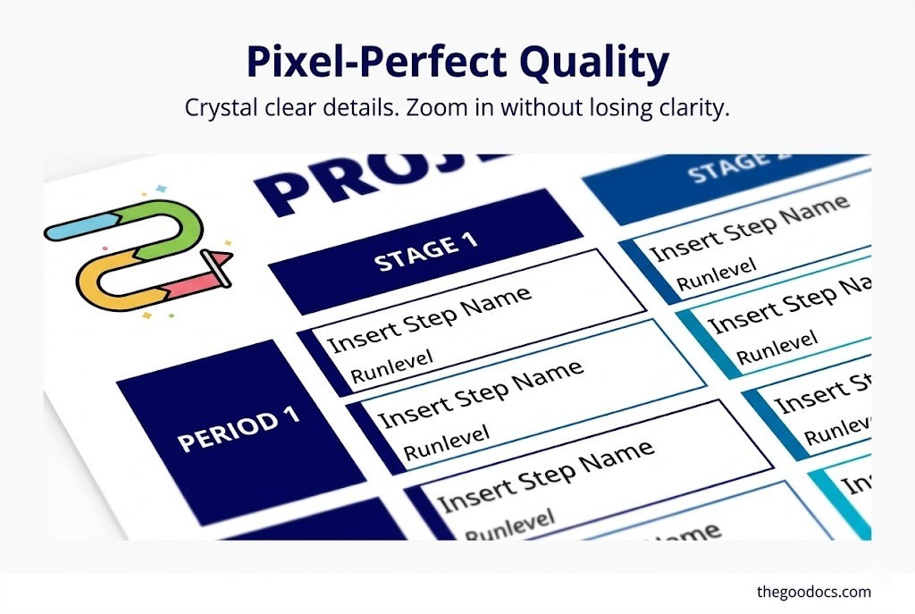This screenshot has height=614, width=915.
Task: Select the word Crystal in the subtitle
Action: pyautogui.click(x=218, y=109)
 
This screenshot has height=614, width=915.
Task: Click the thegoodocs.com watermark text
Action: pyautogui.click(x=813, y=591)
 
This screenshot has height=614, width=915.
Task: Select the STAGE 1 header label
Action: pyautogui.click(x=425, y=251)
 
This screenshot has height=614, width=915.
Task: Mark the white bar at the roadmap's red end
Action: pyautogui.click(x=216, y=269)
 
